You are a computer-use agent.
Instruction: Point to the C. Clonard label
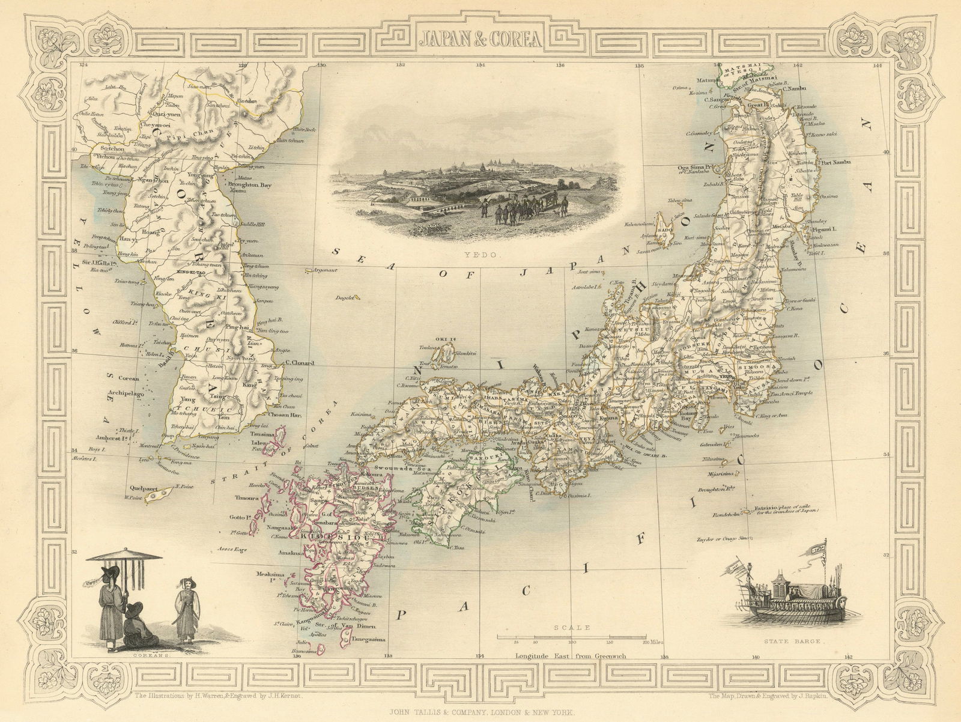click(x=297, y=362)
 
